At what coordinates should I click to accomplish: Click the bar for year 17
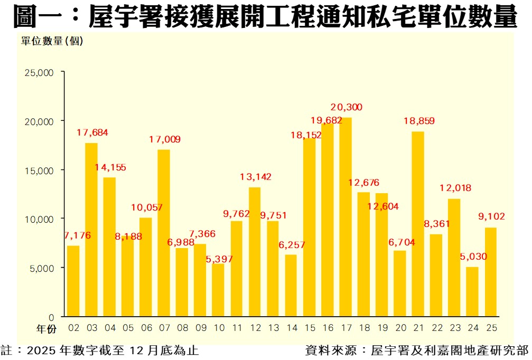tap(346, 217)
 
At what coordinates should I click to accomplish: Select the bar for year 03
tap(91, 230)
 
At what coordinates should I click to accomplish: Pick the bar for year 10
tap(218, 290)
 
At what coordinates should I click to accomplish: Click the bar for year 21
tap(418, 224)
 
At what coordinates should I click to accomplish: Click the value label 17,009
tap(164, 139)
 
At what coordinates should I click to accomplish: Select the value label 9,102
tap(491, 215)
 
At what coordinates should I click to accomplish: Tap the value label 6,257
tap(291, 245)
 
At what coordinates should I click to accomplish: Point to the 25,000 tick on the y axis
tap(40, 72)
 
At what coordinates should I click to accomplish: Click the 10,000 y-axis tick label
tap(40, 219)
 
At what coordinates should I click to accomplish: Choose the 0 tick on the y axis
tap(51, 317)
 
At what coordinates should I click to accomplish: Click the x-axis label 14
tap(291, 328)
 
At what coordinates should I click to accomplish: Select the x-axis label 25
tap(491, 328)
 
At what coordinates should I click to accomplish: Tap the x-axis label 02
tap(73, 328)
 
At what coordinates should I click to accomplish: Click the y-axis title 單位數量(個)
tap(52, 41)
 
